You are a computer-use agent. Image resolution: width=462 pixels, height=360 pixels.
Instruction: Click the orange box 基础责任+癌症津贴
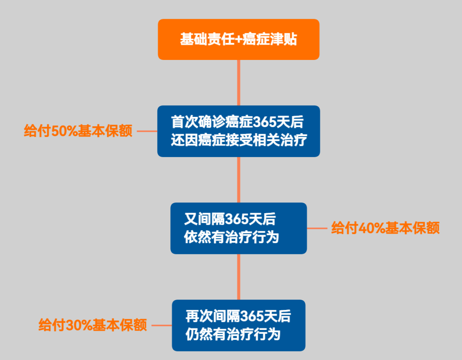click(238, 39)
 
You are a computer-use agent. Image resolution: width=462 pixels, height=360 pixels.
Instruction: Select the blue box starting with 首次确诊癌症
click(238, 131)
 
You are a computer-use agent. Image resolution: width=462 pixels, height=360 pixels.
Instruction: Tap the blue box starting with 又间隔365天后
click(238, 228)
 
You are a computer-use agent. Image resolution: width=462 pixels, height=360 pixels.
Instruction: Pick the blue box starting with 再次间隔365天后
click(238, 325)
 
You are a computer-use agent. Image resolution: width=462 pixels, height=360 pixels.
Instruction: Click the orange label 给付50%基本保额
click(78, 131)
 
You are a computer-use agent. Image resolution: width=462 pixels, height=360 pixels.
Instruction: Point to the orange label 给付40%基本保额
click(385, 228)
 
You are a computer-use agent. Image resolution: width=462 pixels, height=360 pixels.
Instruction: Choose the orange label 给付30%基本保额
click(93, 325)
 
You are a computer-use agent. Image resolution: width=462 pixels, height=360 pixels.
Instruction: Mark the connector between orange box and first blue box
click(238, 83)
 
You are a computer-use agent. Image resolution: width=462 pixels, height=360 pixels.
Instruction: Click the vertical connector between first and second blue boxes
click(238, 180)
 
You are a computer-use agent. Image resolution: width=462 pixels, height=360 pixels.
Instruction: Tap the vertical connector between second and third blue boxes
click(238, 277)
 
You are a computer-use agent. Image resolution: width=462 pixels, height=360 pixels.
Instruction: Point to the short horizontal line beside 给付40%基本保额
click(317, 228)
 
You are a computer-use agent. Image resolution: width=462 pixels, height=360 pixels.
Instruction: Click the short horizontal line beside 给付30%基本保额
click(162, 325)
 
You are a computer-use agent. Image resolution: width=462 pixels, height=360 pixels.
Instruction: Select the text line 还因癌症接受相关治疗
click(239, 140)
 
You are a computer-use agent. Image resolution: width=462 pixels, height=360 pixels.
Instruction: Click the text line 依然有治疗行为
click(231, 238)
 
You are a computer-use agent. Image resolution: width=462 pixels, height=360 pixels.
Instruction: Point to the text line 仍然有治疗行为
click(233, 334)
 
